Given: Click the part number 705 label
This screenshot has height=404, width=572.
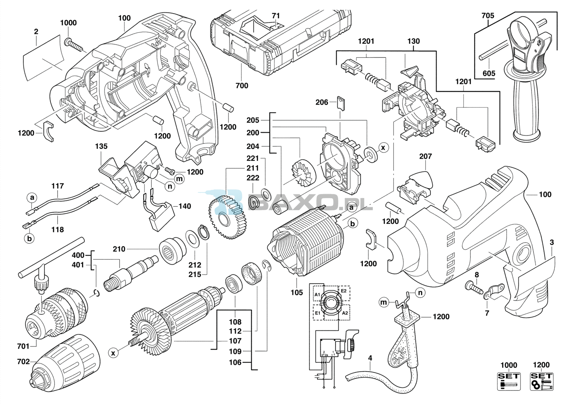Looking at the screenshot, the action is coord(488,16).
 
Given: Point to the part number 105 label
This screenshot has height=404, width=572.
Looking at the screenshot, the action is coord(296,293).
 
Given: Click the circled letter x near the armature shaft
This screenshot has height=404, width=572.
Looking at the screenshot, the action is coord(113,353).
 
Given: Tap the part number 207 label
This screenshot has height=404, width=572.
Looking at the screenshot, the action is coord(425,156).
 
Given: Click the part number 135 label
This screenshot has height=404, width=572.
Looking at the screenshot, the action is coord(102,146).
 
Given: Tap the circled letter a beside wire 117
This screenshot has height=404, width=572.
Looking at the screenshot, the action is coord(32,198).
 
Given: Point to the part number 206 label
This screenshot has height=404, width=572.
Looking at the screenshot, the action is coord(322,103).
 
